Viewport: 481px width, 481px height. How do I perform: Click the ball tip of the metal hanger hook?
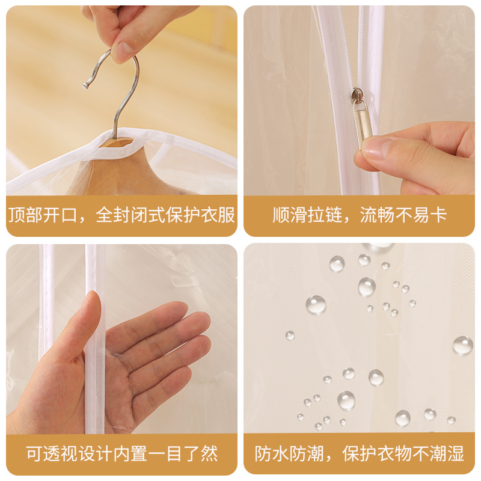point(85,85)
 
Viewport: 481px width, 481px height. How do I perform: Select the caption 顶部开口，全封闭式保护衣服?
point(121,215)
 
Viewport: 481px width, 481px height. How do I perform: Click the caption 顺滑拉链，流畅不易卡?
point(359,215)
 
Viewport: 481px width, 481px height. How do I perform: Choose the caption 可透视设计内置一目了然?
point(121,453)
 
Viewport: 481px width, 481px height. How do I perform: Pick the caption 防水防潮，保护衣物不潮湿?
point(359,453)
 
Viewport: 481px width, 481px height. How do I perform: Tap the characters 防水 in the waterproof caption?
point(272,453)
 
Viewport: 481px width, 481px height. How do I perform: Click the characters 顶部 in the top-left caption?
point(26,215)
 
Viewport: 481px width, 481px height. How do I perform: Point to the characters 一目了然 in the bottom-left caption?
point(183,453)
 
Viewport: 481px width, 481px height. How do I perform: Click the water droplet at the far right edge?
point(462,345)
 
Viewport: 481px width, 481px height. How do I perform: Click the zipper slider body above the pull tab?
point(357,94)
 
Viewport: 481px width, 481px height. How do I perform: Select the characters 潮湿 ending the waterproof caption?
point(447,453)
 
